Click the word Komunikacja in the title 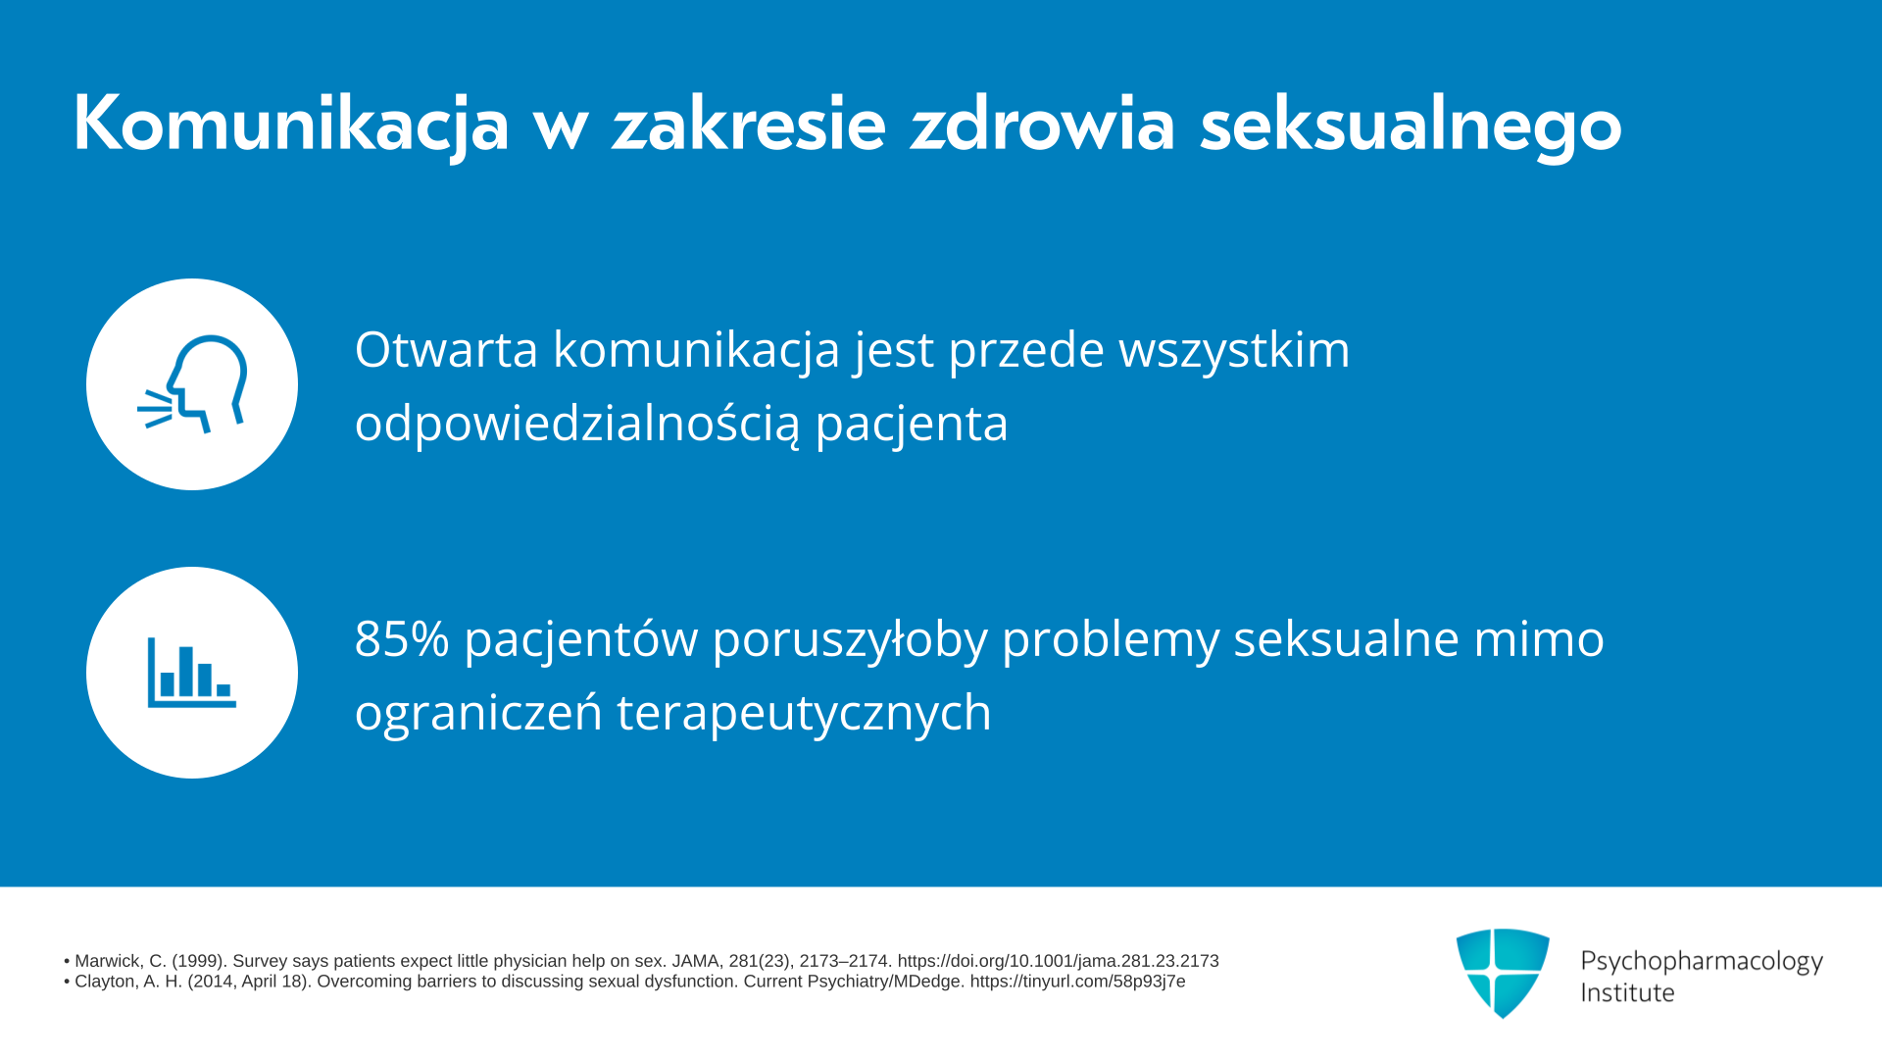point(291,124)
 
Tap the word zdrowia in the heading point(1042,124)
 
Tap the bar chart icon point(192,673)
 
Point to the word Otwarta point(446,349)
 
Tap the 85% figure point(402,638)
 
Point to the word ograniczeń point(478,714)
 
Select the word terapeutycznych point(804,714)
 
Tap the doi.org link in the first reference point(1059,961)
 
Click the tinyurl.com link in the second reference point(1078,982)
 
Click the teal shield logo point(1503,973)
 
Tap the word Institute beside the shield point(1627,992)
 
